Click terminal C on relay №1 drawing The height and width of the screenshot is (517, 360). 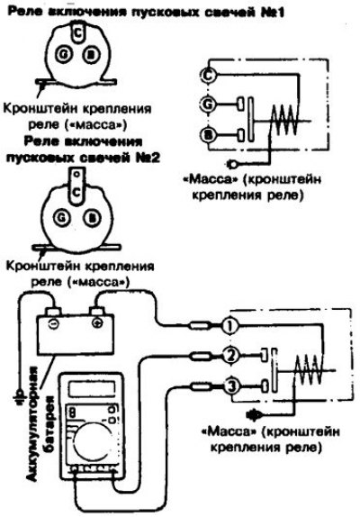[77, 32]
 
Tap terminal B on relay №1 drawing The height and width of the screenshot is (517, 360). [90, 54]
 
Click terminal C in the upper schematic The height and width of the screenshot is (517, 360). [208, 76]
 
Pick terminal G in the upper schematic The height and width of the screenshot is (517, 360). [208, 104]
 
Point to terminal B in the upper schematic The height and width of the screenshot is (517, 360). [208, 134]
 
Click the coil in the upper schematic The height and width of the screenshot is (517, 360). [284, 121]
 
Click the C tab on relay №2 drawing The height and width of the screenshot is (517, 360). [76, 186]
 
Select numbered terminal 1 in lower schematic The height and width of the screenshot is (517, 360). [229, 326]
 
